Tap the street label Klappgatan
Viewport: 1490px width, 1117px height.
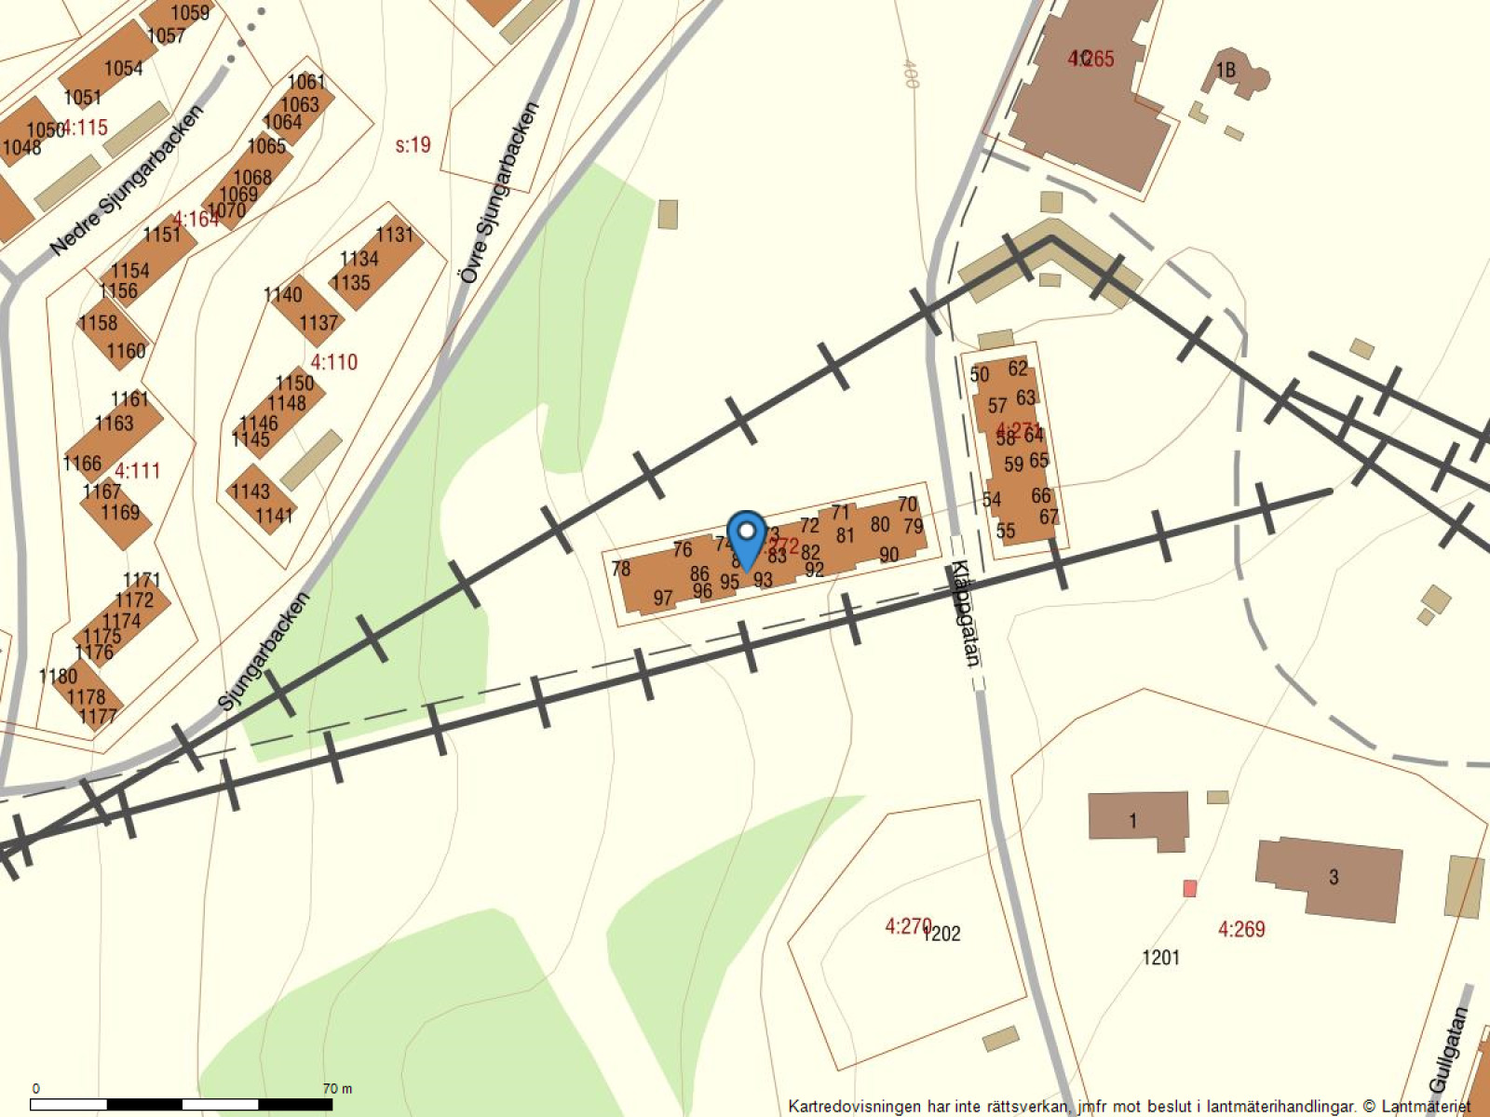coord(965,613)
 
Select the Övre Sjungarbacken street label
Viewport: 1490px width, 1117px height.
coord(498,193)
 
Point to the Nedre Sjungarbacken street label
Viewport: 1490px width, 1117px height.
coord(127,181)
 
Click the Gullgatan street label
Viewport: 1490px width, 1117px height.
coord(1448,1050)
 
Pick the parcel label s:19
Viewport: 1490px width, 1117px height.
coord(413,144)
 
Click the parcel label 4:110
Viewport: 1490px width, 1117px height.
coord(333,361)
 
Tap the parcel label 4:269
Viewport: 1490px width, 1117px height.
coord(1241,928)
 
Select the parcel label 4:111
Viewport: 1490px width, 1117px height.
coord(138,470)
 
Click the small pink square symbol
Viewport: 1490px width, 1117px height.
coord(1189,889)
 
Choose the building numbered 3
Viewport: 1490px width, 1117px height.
coord(1333,876)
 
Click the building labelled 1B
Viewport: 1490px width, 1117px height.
coord(1226,70)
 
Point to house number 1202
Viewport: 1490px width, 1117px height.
coord(942,934)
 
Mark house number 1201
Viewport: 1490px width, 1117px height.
coord(1160,957)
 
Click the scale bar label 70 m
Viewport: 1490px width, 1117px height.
coord(337,1088)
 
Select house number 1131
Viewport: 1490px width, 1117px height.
coord(394,234)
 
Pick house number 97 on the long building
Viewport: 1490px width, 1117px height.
coord(662,598)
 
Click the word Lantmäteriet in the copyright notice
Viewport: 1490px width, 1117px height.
coord(1426,1106)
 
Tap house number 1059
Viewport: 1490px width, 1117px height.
coord(190,13)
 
